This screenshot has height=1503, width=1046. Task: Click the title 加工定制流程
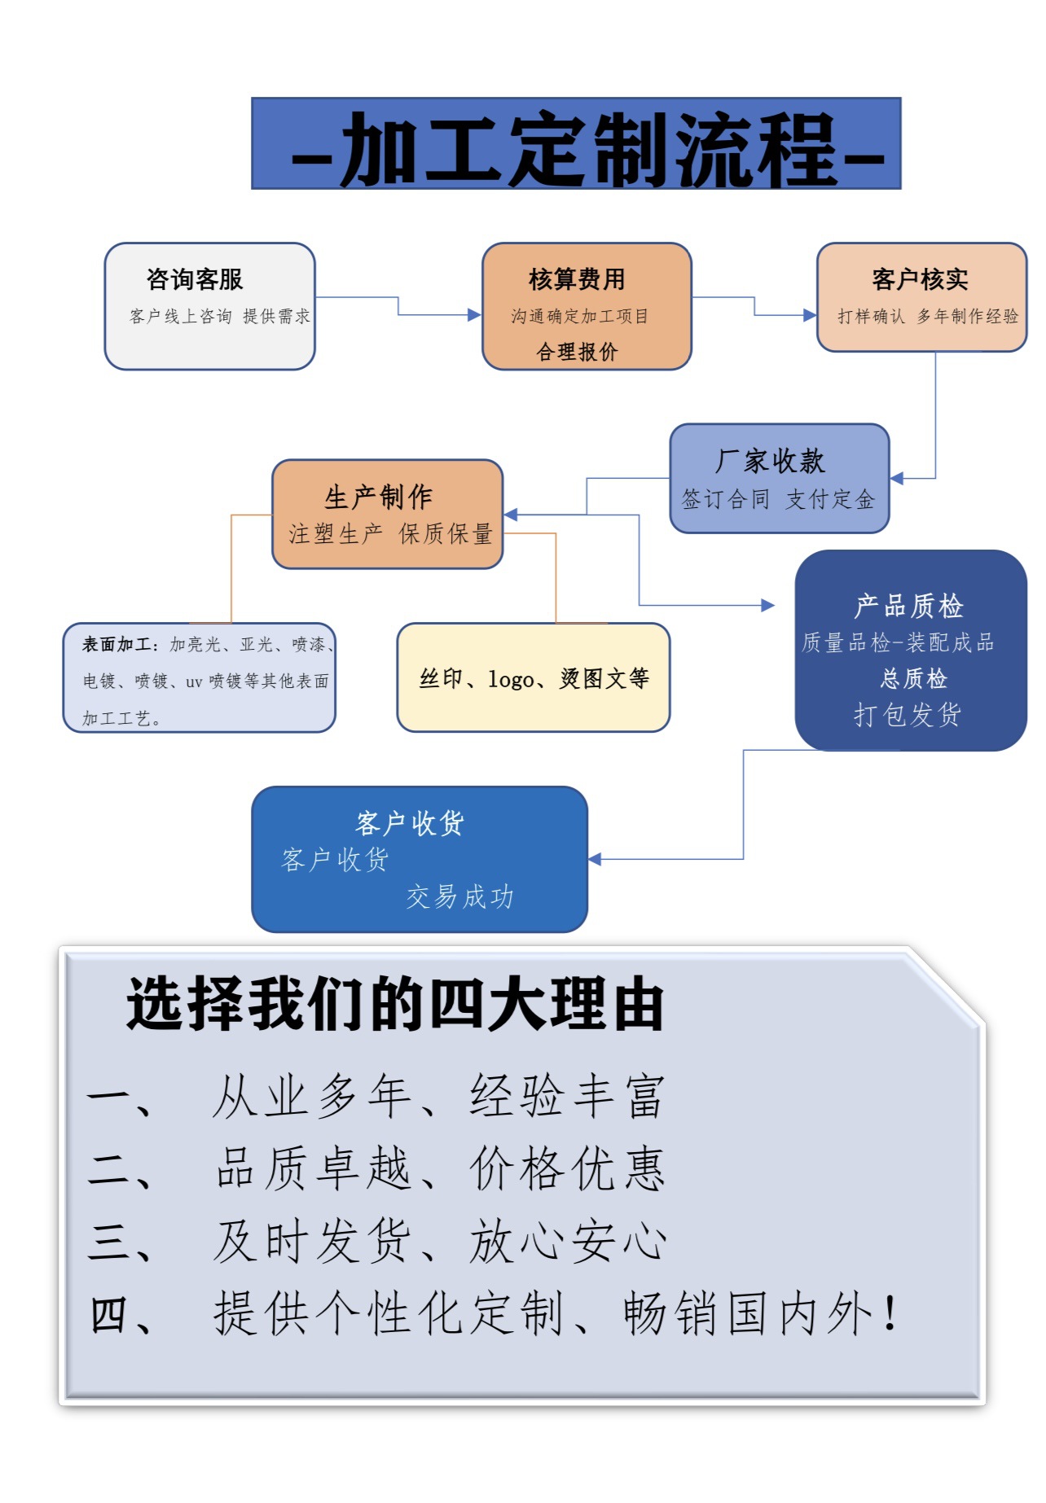[588, 147]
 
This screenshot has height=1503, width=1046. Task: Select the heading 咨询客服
[195, 279]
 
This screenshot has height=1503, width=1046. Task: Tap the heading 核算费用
[577, 279]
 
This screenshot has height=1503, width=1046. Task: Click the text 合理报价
[577, 352]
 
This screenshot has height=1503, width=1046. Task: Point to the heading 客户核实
[920, 279]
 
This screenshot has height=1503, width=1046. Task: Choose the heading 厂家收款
[770, 461]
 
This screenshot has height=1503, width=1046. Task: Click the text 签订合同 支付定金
[778, 499]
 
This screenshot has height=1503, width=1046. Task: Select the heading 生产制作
[378, 496]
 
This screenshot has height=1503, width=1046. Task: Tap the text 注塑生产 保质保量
[390, 533]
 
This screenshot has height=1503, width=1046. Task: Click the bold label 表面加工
[116, 645]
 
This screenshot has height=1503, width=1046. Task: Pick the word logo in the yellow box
[511, 679]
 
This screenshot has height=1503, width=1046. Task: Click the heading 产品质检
[908, 606]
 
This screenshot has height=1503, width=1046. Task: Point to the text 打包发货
[908, 715]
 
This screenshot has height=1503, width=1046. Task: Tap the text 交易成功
[459, 896]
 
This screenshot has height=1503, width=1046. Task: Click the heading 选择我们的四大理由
[396, 1004]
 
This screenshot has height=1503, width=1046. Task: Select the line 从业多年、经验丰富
[438, 1096]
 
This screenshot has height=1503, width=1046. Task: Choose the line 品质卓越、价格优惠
[440, 1168]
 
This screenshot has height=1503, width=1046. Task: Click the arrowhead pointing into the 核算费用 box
[474, 315]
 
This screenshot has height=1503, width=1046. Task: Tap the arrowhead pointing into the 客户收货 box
[595, 859]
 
